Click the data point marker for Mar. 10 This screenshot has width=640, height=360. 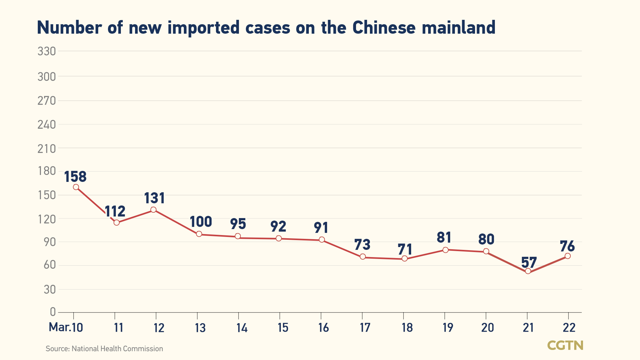[x=76, y=187]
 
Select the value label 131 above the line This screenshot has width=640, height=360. [x=154, y=198]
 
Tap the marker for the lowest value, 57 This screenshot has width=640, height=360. [x=528, y=271]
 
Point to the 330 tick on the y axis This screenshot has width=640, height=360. [x=47, y=51]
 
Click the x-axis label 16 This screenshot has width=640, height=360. [x=323, y=328]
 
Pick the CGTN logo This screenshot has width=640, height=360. [x=565, y=345]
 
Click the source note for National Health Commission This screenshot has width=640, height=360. [x=104, y=349]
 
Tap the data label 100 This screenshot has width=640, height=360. [x=201, y=222]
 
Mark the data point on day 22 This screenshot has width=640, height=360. [x=568, y=256]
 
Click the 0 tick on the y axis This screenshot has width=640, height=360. [x=53, y=312]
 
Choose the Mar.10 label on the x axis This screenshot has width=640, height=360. [x=66, y=327]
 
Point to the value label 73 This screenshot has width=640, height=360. [x=362, y=245]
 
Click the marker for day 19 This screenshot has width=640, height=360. [x=445, y=250]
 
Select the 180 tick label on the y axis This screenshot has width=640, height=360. [x=47, y=171]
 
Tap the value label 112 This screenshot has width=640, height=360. [x=115, y=211]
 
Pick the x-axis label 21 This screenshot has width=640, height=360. [x=528, y=328]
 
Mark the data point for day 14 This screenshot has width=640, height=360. [x=238, y=236]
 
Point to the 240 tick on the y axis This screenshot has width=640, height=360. [x=47, y=125]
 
